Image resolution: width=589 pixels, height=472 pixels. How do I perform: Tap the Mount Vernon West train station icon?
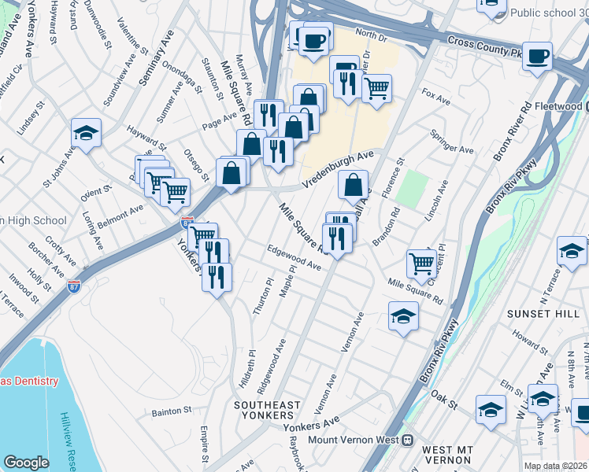(x=408, y=440)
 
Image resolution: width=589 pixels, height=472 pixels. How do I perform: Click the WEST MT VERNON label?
(x=446, y=454)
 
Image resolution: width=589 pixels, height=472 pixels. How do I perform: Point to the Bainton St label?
(x=172, y=411)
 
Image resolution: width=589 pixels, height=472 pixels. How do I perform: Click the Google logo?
(x=26, y=463)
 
